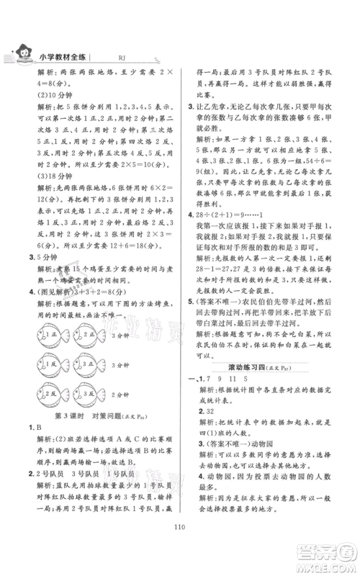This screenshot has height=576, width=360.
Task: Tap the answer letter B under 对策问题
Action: point(37,457)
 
